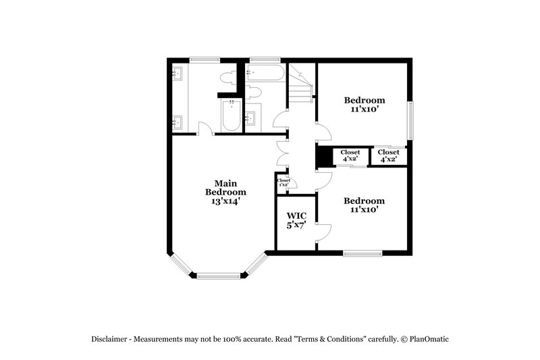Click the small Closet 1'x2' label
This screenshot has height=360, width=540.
(283, 182)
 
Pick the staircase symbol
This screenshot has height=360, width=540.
(301, 84)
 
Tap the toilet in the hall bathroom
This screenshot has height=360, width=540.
(253, 91)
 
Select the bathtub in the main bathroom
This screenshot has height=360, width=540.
(231, 115)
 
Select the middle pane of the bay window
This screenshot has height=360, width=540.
(218, 275)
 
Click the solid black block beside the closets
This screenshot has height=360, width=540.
(323, 156)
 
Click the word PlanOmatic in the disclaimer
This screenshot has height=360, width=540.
(427, 339)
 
